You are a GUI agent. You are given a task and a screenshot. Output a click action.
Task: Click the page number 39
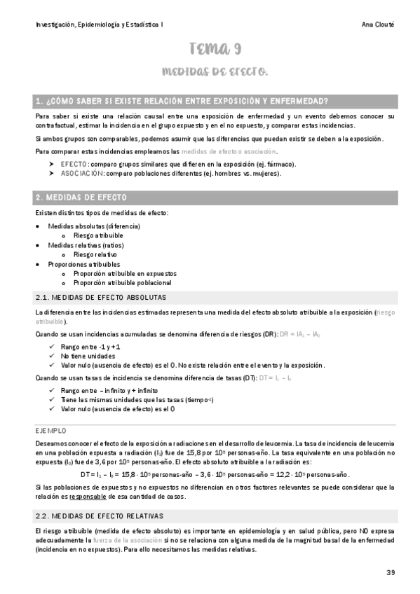click(x=391, y=572)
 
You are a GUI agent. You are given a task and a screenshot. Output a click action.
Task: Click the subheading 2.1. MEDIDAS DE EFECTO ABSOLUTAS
click(x=106, y=297)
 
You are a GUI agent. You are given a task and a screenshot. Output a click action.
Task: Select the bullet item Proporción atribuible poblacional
click(x=127, y=282)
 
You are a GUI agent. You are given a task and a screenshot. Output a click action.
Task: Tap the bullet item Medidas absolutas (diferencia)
click(x=94, y=227)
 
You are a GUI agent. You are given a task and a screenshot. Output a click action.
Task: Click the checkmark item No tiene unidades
click(x=88, y=356)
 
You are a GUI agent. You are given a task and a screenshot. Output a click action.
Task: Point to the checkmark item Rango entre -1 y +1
click(x=90, y=347)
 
